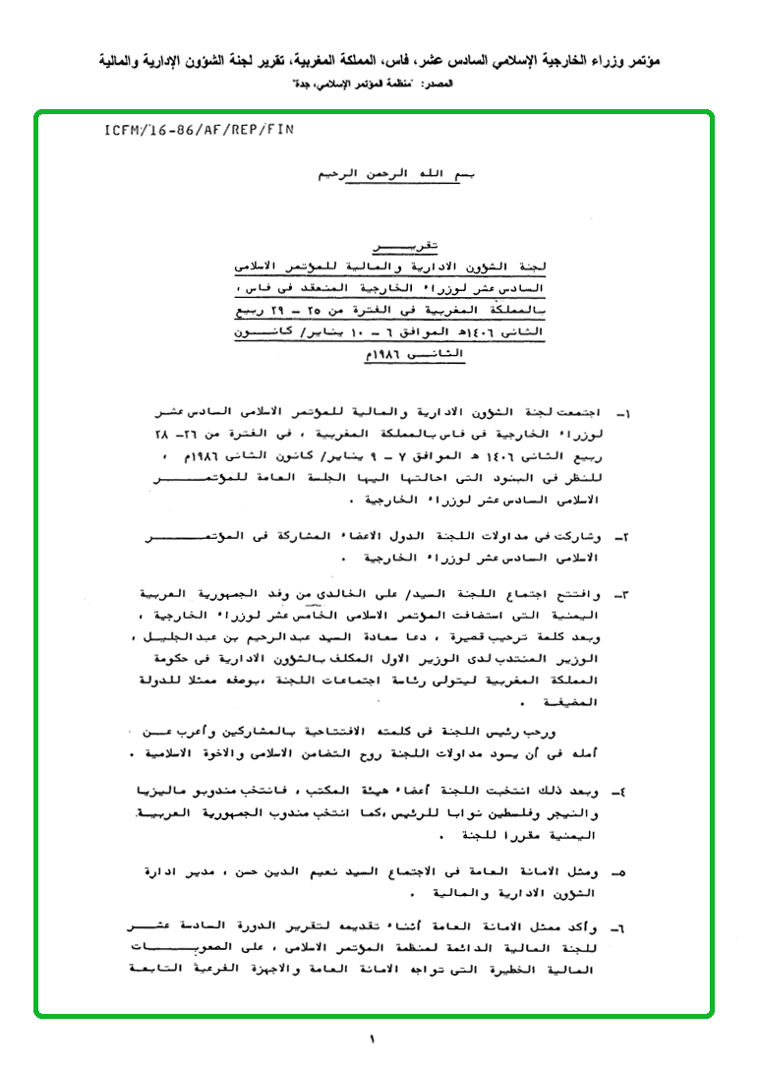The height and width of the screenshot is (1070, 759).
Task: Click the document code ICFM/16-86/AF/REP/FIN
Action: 198,129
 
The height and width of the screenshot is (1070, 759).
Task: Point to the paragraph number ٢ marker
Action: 620,538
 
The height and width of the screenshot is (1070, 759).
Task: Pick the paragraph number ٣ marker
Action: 620,597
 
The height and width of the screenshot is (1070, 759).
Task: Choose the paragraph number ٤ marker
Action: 620,790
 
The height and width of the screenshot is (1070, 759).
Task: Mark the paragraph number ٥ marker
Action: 620,872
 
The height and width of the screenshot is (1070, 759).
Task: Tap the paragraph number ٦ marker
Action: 620,927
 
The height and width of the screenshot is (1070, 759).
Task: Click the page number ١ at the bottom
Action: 374,1039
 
